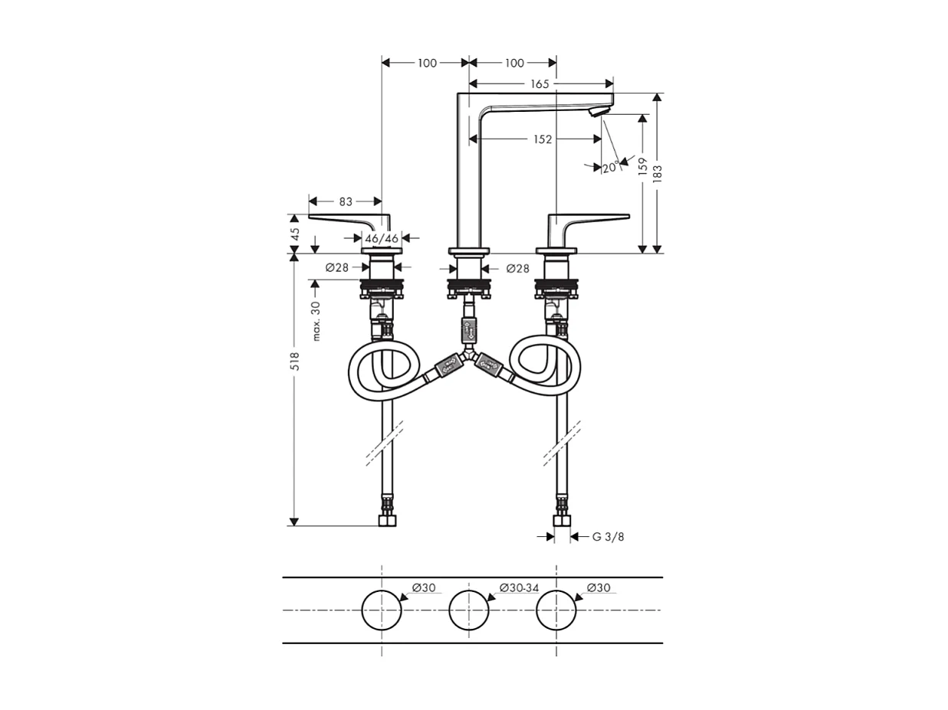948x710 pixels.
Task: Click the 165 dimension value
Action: (x=540, y=83)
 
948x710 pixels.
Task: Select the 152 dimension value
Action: (x=543, y=139)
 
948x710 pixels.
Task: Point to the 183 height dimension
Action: (x=657, y=173)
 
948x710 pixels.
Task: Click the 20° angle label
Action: (x=610, y=168)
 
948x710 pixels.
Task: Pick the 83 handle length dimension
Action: (x=345, y=201)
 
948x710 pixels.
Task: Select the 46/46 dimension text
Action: (x=382, y=238)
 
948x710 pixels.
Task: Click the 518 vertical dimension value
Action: (x=294, y=361)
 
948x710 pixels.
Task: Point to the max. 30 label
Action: (x=316, y=320)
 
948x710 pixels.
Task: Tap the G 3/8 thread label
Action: (x=608, y=537)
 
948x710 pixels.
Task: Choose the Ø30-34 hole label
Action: (x=519, y=587)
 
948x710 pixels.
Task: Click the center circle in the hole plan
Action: (x=468, y=610)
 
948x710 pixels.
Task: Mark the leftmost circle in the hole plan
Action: (x=382, y=610)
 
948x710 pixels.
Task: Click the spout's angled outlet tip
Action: (x=597, y=112)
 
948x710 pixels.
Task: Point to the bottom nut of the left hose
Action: (x=388, y=521)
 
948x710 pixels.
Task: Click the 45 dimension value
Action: (x=294, y=234)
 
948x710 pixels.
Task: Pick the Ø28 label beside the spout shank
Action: (x=518, y=268)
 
